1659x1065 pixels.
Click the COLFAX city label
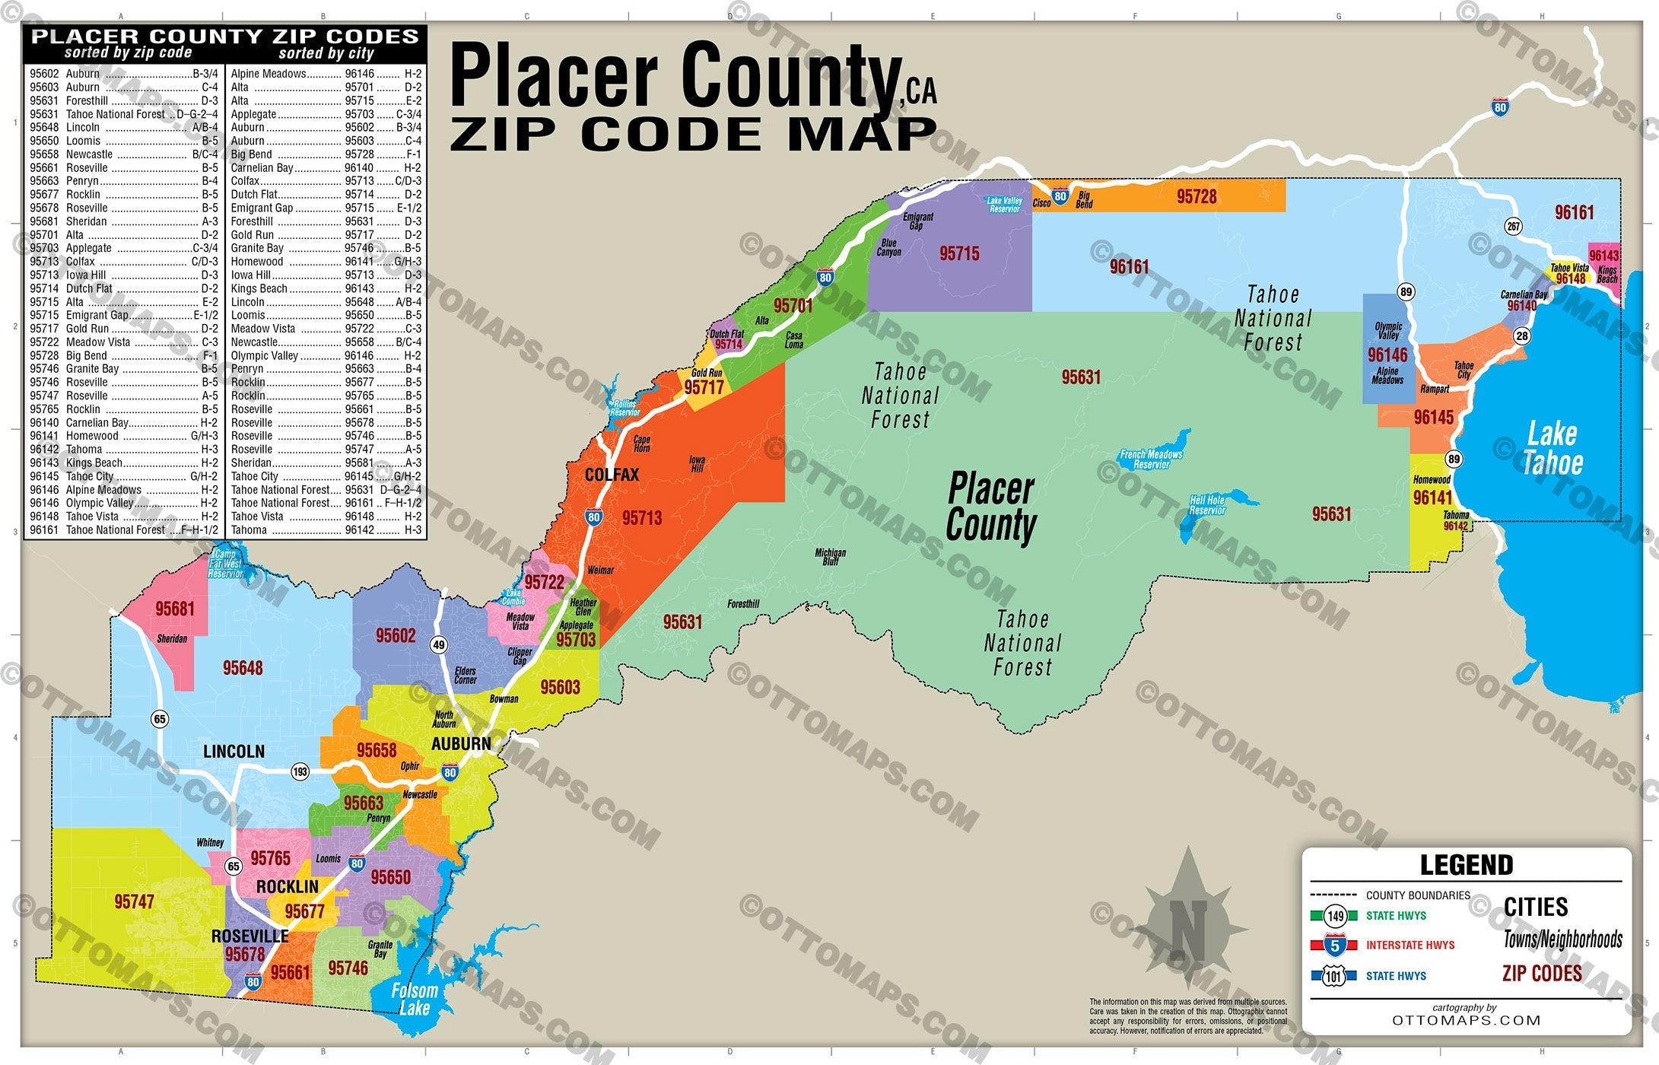(612, 475)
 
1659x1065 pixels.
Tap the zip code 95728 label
(1197, 197)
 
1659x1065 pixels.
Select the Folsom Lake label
(414, 1000)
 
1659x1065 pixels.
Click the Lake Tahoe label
(1553, 448)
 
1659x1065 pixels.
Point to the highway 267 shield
(1514, 226)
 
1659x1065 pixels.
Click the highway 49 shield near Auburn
(438, 645)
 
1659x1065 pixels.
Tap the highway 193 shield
(300, 772)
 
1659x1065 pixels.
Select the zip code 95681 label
(175, 609)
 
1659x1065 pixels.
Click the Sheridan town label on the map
(172, 639)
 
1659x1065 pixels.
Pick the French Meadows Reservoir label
(1151, 459)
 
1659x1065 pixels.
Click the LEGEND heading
(1466, 866)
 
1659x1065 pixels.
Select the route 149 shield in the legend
(1336, 916)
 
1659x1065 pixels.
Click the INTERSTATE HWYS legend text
(1410, 946)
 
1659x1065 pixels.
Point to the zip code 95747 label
(134, 902)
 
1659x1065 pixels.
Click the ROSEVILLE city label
(249, 936)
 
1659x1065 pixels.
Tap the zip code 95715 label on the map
(959, 254)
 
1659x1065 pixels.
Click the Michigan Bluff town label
(830, 557)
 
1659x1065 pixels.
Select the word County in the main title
(791, 76)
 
